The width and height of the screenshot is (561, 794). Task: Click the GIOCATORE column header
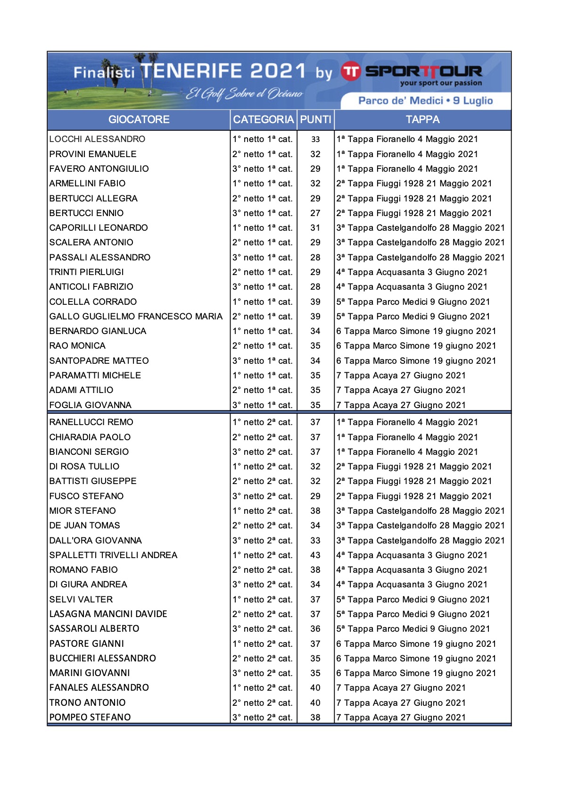[x=139, y=120]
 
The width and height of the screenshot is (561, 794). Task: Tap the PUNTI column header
[x=315, y=120]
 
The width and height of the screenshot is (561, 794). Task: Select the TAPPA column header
[x=422, y=120]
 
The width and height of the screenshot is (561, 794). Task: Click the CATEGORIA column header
[x=263, y=120]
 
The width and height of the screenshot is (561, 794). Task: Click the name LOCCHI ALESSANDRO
[x=97, y=139]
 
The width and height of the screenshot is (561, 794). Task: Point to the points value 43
[x=315, y=555]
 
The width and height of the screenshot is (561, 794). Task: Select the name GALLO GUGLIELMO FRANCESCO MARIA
[x=136, y=317]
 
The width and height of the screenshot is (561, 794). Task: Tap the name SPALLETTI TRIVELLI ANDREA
[x=113, y=555]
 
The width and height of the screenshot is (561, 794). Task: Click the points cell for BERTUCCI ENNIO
[x=315, y=213]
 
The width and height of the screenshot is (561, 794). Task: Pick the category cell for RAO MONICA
[x=263, y=346]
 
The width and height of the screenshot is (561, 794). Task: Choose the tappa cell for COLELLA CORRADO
[x=413, y=302]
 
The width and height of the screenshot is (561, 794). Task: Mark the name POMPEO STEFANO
[x=90, y=718]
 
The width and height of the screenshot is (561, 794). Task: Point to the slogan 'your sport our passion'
[x=441, y=84]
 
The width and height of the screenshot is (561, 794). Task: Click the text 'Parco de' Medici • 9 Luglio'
[x=425, y=100]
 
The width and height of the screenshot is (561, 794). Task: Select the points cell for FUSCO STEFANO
[x=315, y=496]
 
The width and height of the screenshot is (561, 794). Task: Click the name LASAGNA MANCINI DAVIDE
[x=108, y=614]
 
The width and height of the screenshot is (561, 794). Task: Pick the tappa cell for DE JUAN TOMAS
[x=421, y=526]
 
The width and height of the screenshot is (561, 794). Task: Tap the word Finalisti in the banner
[x=104, y=73]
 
